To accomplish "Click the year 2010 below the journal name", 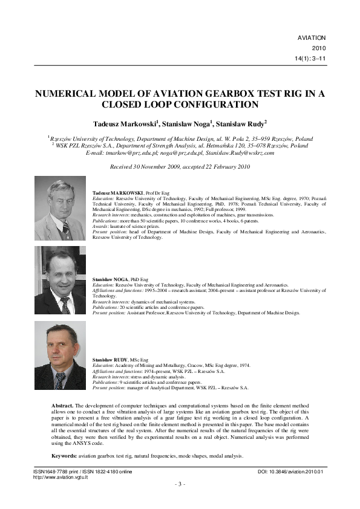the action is point(318,48).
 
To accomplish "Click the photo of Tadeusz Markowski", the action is point(60,209).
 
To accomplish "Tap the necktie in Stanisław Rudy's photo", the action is point(60,380).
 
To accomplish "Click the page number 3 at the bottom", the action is point(180,484).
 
